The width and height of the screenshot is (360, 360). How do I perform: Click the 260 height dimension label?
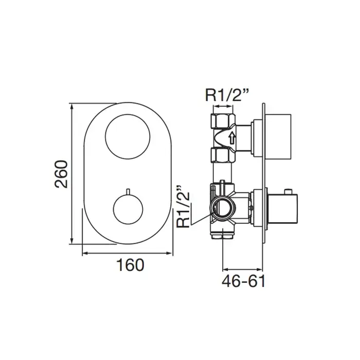[x=61, y=174]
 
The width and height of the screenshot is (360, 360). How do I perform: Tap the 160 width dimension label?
[x=131, y=265]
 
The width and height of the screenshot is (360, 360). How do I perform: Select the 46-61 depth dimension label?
[x=244, y=281]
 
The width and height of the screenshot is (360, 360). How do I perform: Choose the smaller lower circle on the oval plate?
[x=128, y=194]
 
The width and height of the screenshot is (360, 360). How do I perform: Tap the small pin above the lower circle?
[x=128, y=191]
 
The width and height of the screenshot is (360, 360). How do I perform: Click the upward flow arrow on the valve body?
[x=232, y=139]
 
